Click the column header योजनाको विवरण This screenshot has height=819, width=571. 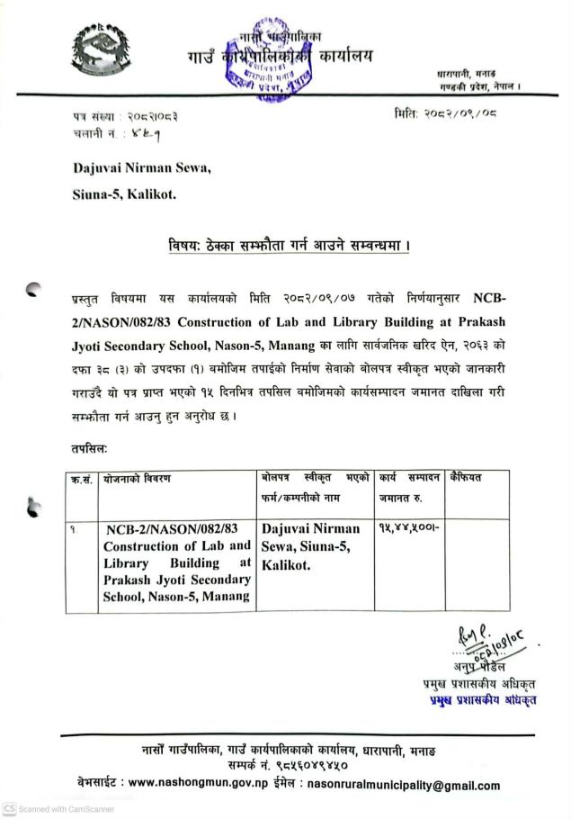click(138, 479)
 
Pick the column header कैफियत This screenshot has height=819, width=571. click(468, 478)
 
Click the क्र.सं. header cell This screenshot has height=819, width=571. click(82, 479)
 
